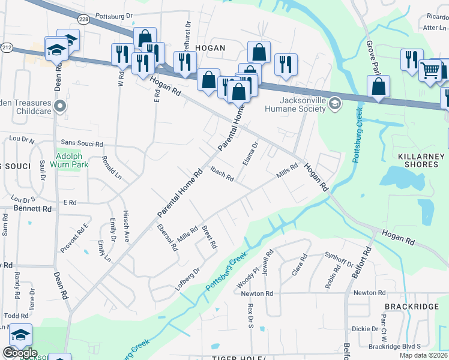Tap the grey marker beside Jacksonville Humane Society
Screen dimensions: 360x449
(335, 106)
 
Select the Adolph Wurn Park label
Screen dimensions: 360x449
(72, 158)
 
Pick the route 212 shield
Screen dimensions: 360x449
(7, 46)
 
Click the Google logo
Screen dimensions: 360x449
(20, 352)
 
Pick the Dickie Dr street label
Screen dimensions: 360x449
(365, 329)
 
